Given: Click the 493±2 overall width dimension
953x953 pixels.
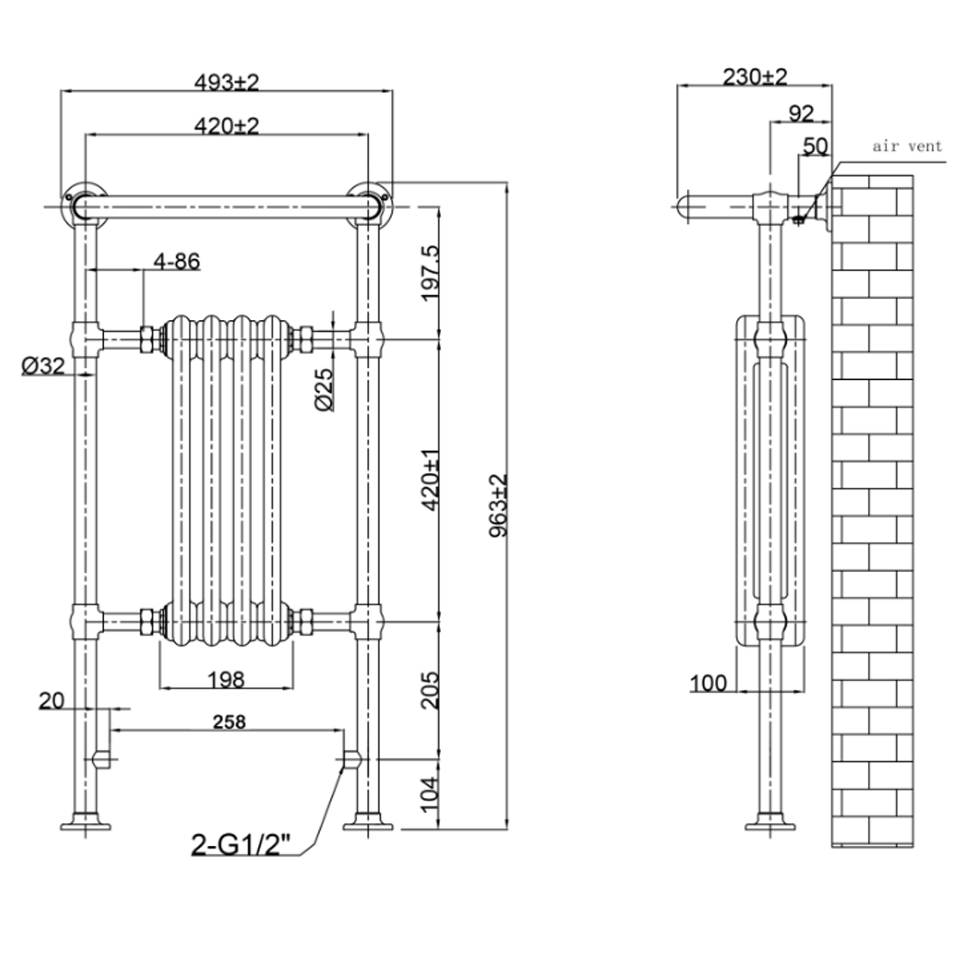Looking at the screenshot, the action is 226,82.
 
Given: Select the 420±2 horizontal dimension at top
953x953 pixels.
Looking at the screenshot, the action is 226,126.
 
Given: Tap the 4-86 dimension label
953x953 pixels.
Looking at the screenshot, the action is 177,262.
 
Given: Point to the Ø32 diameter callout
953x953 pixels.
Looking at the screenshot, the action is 43,366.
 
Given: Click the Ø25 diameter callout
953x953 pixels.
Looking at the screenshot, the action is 324,390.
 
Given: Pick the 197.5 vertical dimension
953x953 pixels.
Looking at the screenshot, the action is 430,273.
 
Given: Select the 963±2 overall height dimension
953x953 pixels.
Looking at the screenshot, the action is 498,506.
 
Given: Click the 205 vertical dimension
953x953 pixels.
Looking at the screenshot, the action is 430,690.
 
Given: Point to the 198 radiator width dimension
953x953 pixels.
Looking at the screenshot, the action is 226,680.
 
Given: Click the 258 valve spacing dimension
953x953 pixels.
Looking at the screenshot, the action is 229,722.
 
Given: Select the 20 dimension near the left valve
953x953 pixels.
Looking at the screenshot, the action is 52,701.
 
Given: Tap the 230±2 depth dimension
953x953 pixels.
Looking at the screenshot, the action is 755,77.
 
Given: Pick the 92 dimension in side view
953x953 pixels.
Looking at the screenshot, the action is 801,114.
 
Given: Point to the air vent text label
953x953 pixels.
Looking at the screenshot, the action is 907,146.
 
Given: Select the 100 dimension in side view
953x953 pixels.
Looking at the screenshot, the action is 709,684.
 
